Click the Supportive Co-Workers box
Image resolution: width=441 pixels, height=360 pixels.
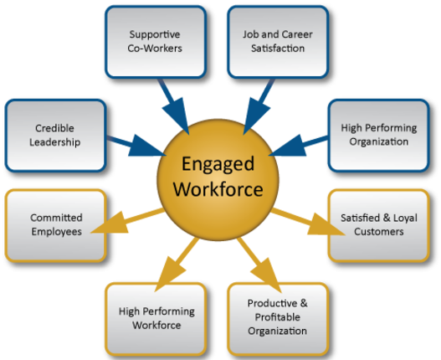[x=156, y=42]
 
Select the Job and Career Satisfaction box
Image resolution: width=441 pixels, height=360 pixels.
[x=278, y=42]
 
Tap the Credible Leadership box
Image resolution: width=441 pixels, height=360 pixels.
[x=56, y=136]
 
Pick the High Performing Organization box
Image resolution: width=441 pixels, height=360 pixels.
[x=378, y=136]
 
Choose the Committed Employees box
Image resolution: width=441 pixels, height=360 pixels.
[x=56, y=225]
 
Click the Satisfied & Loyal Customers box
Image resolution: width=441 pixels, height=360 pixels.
[x=378, y=225]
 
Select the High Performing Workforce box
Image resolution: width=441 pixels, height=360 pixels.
[x=156, y=319]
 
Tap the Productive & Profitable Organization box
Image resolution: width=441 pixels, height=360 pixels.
[x=278, y=319]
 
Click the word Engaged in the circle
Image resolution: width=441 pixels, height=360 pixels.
[x=218, y=165]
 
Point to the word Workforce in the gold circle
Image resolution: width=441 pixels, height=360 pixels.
[x=218, y=189]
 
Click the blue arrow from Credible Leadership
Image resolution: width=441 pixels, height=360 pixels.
[x=136, y=146]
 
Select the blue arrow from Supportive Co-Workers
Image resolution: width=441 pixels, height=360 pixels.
[x=174, y=106]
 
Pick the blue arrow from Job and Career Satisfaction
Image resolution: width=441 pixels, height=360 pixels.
[x=259, y=106]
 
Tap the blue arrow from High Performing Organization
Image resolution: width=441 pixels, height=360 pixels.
[x=299, y=146]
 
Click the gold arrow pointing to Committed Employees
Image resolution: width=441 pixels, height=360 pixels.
[x=127, y=221]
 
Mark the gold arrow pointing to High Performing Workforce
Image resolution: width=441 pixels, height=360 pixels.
[x=177, y=265]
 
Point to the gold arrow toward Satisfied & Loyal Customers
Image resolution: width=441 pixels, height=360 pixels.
[x=308, y=222]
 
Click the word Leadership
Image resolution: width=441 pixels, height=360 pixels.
[x=55, y=142]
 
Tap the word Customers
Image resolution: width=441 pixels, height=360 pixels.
[x=379, y=232]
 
